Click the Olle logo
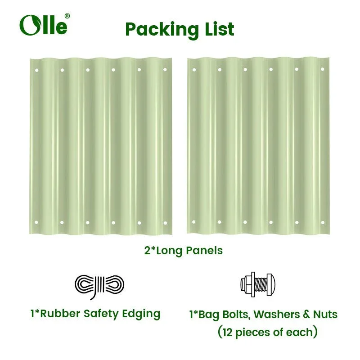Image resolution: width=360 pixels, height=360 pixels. click(x=43, y=25)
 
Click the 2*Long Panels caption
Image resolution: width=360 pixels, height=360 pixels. click(x=183, y=251)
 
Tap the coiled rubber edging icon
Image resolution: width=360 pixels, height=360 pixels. click(x=99, y=285)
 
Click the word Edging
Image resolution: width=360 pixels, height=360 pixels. click(x=142, y=314)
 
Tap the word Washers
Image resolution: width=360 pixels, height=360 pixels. click(x=271, y=314)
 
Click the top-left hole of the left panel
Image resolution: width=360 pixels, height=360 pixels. click(x=36, y=70)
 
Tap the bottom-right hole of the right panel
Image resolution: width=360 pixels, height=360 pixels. click(x=322, y=222)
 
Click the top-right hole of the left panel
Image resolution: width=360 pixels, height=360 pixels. click(x=165, y=70)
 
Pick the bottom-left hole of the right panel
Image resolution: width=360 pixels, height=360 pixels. click(x=194, y=222)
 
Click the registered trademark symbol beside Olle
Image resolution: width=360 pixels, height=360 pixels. click(x=67, y=16)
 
